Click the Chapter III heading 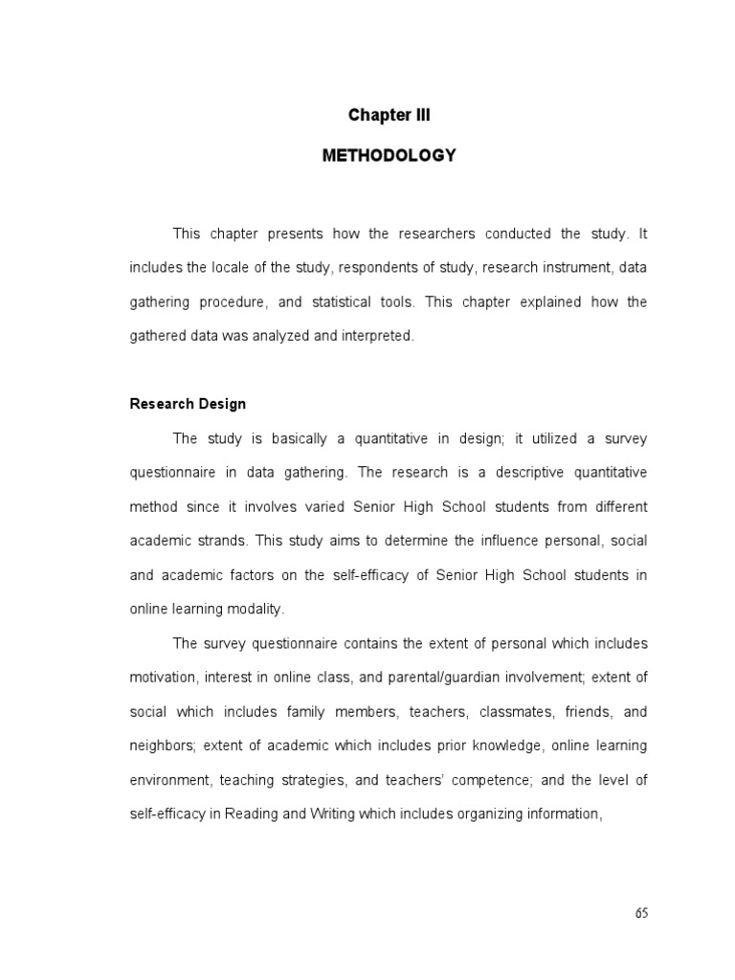pyautogui.click(x=389, y=116)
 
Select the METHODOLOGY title pyautogui.click(x=389, y=155)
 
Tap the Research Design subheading pyautogui.click(x=188, y=404)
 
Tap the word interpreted pyautogui.click(x=380, y=336)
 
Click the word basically pyautogui.click(x=280, y=438)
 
